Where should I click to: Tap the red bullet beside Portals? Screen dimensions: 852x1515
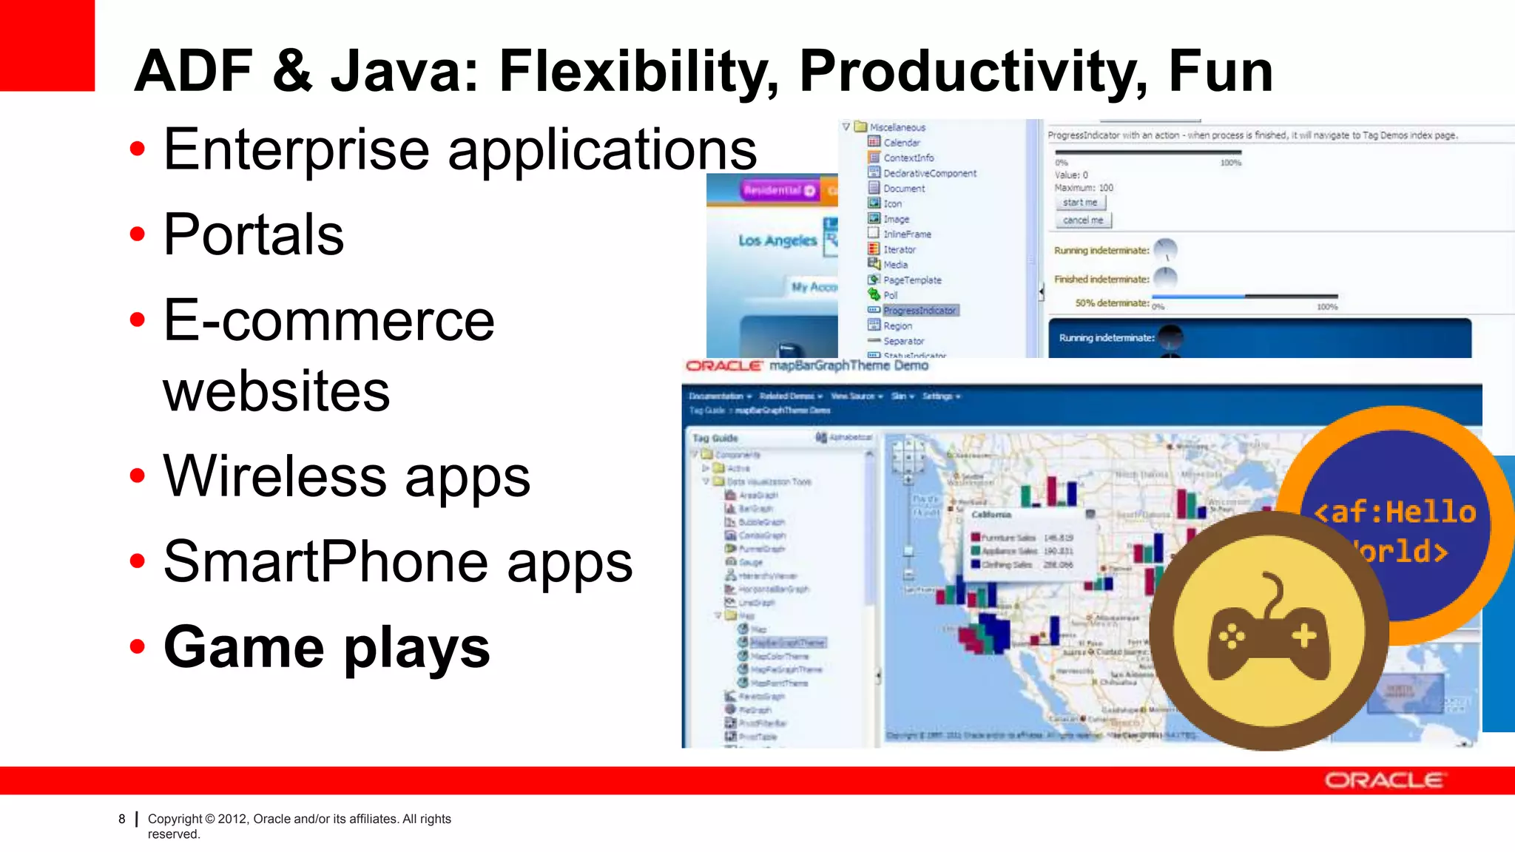pyautogui.click(x=138, y=234)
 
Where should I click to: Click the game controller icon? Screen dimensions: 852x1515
pyautogui.click(x=1268, y=631)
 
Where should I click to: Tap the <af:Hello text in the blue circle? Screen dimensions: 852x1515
pyautogui.click(x=1394, y=512)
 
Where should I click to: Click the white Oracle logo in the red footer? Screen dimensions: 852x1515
pyautogui.click(x=1383, y=780)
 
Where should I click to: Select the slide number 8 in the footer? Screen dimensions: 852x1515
pyautogui.click(x=122, y=819)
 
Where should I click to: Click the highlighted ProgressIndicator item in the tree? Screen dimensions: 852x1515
pyautogui.click(x=920, y=311)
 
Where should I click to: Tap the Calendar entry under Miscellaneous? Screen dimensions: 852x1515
pyautogui.click(x=902, y=143)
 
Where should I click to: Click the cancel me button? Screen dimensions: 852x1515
pyautogui.click(x=1082, y=220)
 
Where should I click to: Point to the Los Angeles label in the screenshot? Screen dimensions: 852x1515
pyautogui.click(x=777, y=240)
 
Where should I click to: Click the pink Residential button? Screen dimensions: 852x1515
pyautogui.click(x=779, y=190)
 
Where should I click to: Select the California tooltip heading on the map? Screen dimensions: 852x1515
pyautogui.click(x=991, y=514)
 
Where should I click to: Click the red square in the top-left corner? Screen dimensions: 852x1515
pyautogui.click(x=47, y=44)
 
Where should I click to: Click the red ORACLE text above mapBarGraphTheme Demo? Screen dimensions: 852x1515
pyautogui.click(x=723, y=366)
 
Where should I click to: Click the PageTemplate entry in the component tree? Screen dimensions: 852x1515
pyautogui.click(x=912, y=280)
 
